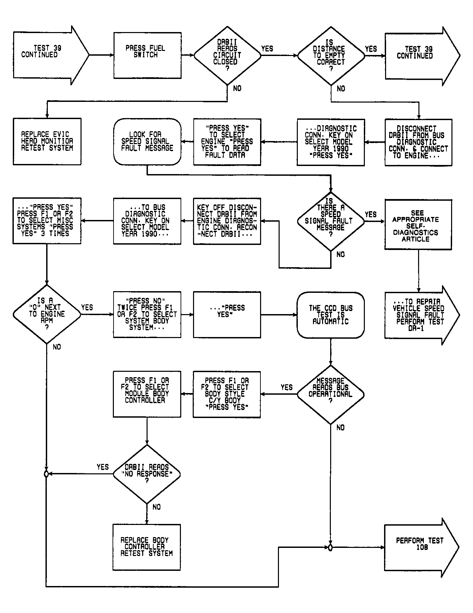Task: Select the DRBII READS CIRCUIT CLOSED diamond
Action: pos(227,56)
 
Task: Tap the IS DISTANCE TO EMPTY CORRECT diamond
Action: pos(331,56)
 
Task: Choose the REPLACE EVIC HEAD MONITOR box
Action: pos(47,141)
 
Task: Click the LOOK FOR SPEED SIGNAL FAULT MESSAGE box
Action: pos(147,142)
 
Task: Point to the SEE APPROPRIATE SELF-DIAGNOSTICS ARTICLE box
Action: pos(418,224)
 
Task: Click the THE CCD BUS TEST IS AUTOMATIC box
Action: pos(330,315)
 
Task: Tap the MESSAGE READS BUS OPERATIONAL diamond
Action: pos(330,394)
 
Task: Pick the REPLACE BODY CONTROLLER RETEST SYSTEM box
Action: pos(147,547)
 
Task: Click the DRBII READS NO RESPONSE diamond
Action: pos(147,474)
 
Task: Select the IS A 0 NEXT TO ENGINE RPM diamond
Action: pos(47,314)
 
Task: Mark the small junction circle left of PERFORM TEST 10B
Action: pos(330,548)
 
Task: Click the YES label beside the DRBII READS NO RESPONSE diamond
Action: pos(103,467)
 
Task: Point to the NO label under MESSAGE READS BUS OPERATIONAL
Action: pos(341,427)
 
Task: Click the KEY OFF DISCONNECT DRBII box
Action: pos(227,221)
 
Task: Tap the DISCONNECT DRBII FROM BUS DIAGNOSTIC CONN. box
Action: pos(418,142)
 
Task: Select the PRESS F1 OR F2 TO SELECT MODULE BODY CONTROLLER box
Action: pos(147,394)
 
